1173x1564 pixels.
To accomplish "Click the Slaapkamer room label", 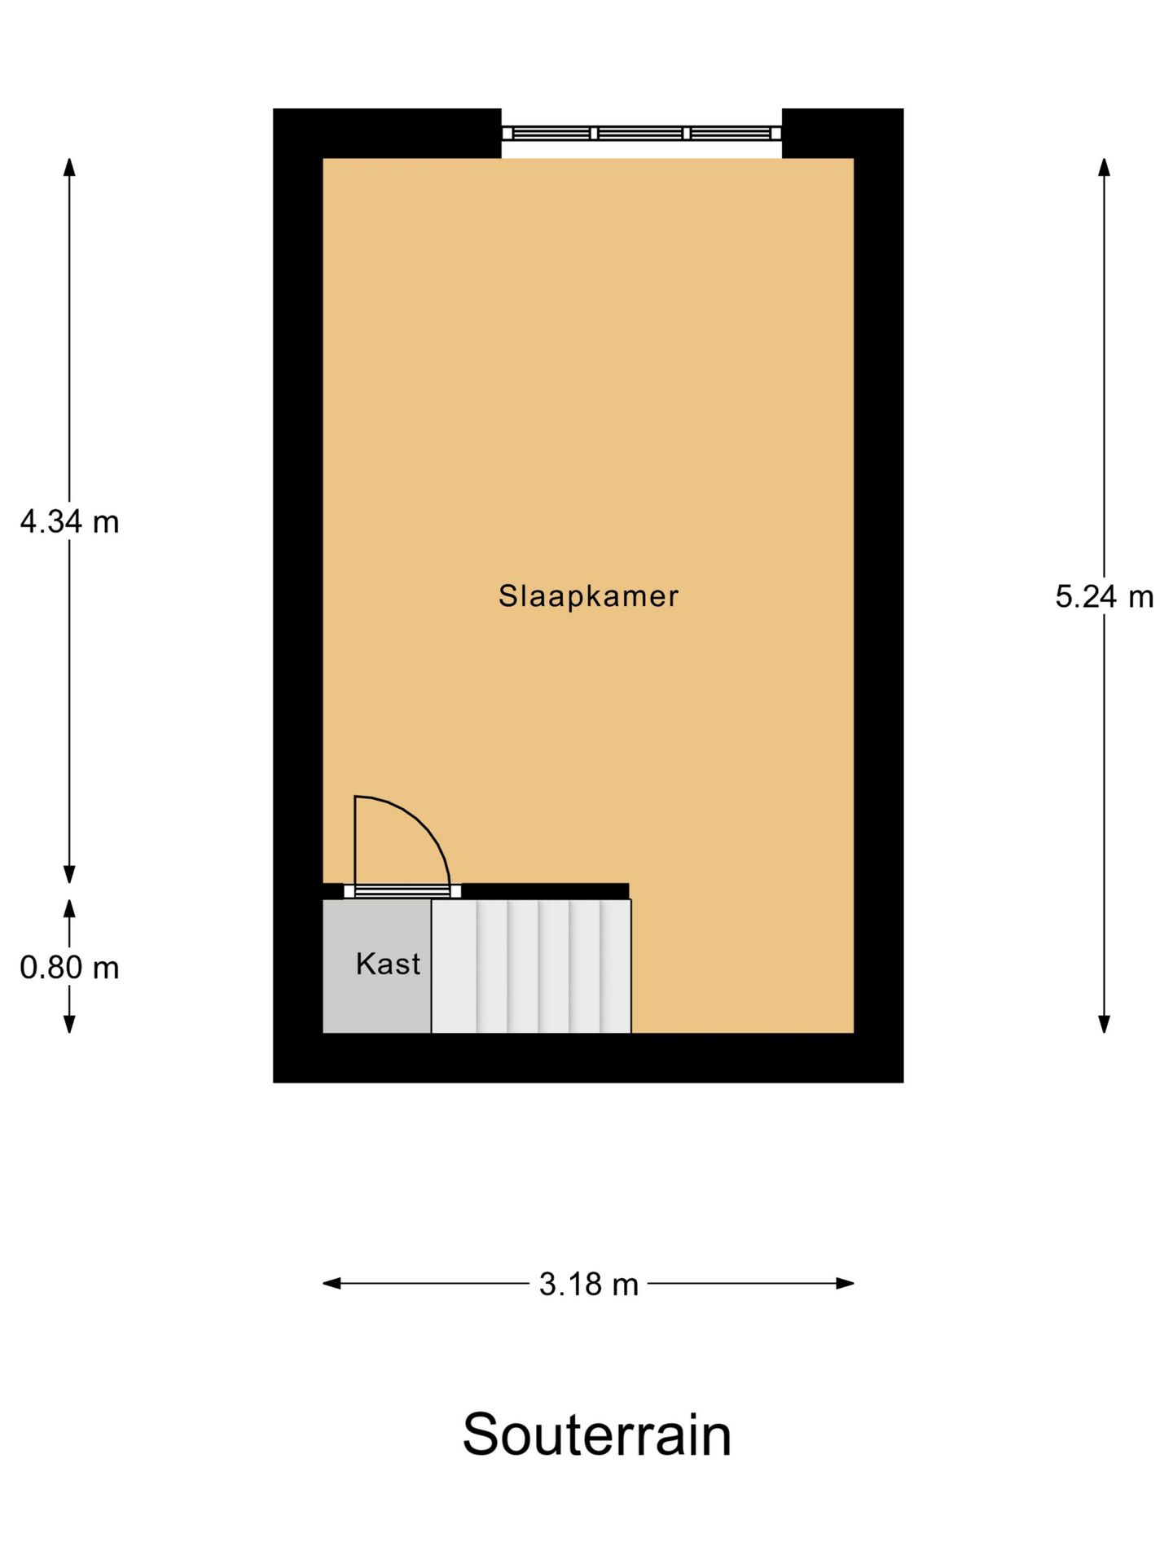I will pyautogui.click(x=588, y=596).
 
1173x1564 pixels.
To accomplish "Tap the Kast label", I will pyautogui.click(x=388, y=964).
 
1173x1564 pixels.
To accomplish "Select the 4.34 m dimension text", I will pyautogui.click(x=70, y=521).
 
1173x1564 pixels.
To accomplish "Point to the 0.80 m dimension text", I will pyautogui.click(x=70, y=968).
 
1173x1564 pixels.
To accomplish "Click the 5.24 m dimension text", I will pyautogui.click(x=1104, y=597).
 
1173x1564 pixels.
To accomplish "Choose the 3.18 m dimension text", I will pyautogui.click(x=588, y=1285).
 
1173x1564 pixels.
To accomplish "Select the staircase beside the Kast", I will pyautogui.click(x=531, y=966).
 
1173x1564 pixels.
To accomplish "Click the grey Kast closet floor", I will pyautogui.click(x=376, y=1002).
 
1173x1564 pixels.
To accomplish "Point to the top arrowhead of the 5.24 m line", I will pyautogui.click(x=1104, y=166).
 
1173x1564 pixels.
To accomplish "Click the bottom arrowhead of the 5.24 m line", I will pyautogui.click(x=1104, y=1025).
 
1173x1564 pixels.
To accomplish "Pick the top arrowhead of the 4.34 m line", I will pyautogui.click(x=70, y=166).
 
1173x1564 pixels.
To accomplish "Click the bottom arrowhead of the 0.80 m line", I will pyautogui.click(x=70, y=1025).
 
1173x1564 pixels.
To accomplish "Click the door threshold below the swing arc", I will pyautogui.click(x=402, y=891).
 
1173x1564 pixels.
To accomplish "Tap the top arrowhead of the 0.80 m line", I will pyautogui.click(x=70, y=908).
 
